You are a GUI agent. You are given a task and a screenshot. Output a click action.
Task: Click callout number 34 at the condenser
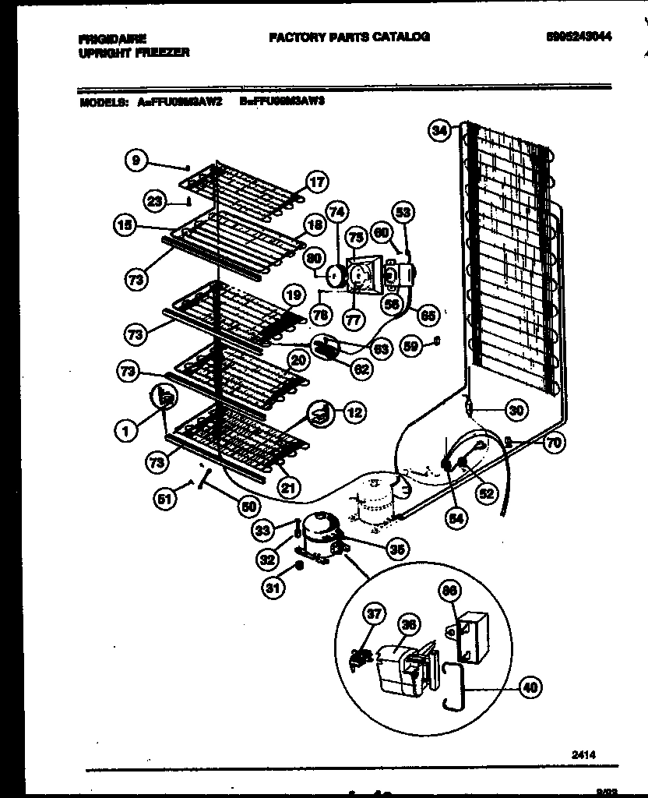tap(439, 131)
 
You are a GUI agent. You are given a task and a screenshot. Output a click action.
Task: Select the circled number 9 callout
tap(136, 161)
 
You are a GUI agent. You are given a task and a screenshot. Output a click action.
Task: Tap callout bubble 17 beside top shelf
tap(316, 182)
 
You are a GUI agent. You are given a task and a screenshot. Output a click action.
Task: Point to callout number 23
tap(155, 201)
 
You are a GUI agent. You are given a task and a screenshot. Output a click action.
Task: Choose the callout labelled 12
tap(354, 412)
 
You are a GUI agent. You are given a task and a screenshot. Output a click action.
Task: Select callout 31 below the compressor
tap(270, 588)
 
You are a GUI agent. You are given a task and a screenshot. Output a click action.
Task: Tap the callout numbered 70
tap(554, 443)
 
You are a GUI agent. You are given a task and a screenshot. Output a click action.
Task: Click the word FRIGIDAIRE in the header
tap(114, 38)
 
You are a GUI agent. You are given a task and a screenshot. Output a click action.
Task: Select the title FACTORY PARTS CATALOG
tap(349, 37)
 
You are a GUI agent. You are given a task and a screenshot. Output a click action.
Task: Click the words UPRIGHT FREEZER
tap(134, 52)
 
